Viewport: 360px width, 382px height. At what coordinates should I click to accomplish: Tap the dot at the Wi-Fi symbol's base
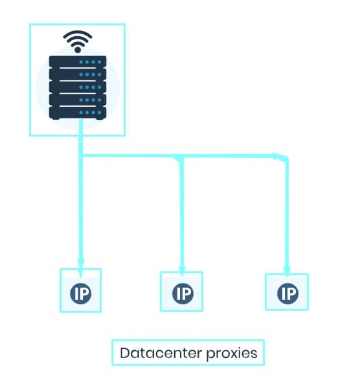click(77, 49)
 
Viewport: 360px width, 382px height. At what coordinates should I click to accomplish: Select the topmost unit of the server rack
click(77, 63)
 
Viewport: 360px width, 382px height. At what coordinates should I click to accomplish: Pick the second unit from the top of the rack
click(77, 75)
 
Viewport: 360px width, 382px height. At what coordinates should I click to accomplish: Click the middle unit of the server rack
click(77, 87)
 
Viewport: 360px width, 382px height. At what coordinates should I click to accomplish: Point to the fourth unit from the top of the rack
click(77, 100)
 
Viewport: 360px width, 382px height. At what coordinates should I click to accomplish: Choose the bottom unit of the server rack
click(77, 112)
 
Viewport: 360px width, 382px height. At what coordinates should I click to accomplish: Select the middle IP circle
click(182, 294)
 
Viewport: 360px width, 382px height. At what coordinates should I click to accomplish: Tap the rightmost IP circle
click(287, 294)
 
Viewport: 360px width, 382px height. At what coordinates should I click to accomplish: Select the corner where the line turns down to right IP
click(286, 157)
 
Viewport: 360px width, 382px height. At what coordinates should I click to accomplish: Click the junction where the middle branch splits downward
click(181, 157)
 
